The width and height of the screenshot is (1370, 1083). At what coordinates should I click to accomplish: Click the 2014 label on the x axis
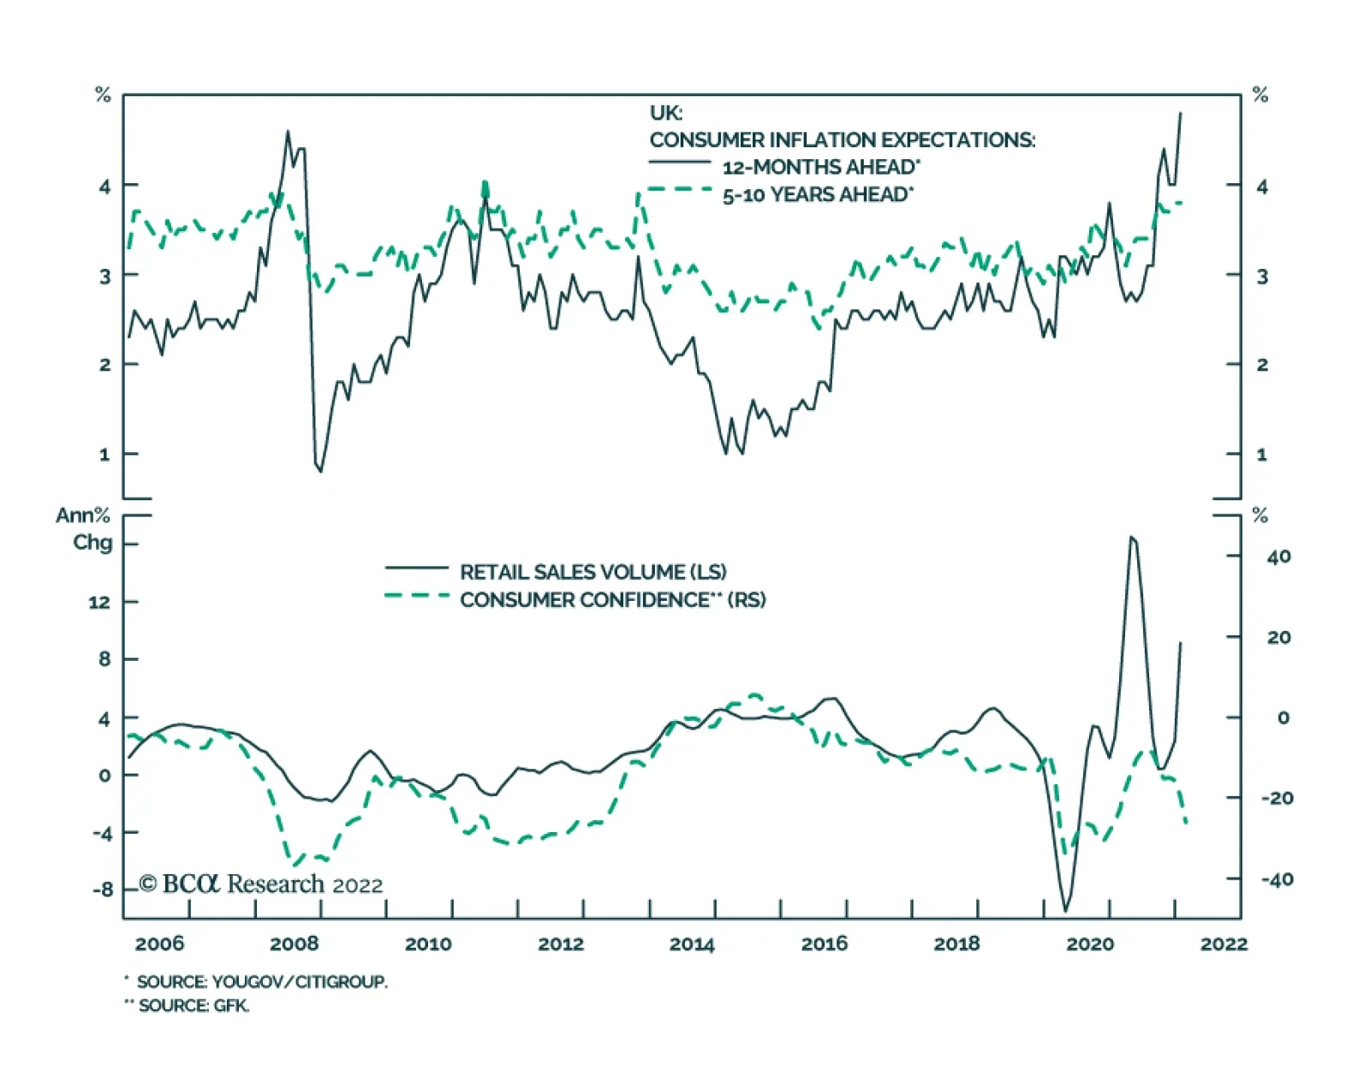tap(692, 943)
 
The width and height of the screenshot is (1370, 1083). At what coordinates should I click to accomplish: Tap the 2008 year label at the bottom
tap(294, 943)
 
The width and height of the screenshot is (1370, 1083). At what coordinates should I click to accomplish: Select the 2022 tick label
tap(1224, 943)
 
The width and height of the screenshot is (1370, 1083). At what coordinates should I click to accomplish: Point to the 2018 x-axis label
tap(956, 943)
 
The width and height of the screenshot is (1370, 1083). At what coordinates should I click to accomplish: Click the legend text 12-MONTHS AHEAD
tap(820, 167)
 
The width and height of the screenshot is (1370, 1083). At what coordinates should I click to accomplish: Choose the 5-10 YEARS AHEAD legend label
tap(817, 195)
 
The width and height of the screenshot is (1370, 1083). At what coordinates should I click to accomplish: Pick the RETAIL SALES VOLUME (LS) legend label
tap(593, 572)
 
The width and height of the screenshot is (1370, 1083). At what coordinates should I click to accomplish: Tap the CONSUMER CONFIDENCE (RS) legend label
tap(612, 599)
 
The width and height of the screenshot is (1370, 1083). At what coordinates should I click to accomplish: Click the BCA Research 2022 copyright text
tap(261, 884)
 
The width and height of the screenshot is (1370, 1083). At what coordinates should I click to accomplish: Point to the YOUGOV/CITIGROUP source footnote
tap(261, 982)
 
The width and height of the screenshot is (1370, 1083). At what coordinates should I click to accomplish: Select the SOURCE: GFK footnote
tap(193, 1005)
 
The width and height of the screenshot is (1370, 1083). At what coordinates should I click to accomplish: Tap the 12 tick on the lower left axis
tap(99, 602)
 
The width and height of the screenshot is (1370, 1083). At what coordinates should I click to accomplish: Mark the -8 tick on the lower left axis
tap(102, 890)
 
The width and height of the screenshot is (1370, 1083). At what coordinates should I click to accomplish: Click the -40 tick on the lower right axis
tap(1277, 879)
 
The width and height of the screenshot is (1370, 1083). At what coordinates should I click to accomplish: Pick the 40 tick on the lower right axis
tap(1278, 556)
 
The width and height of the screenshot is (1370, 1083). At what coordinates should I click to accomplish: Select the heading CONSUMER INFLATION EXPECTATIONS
tap(842, 140)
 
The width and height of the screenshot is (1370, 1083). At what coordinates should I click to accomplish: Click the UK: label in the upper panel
tap(666, 113)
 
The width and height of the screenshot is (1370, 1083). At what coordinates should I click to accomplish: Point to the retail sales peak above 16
tap(1131, 537)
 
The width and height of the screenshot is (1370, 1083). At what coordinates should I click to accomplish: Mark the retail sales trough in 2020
tap(1066, 911)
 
